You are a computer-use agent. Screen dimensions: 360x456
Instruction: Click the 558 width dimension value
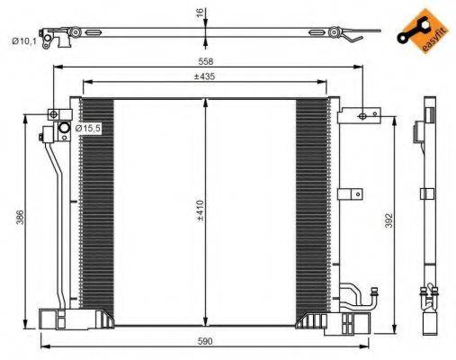click(208, 61)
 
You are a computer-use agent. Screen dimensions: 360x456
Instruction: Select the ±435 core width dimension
click(207, 78)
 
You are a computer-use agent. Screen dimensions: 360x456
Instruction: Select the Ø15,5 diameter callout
click(88, 130)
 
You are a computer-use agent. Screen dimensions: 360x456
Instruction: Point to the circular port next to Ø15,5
click(65, 130)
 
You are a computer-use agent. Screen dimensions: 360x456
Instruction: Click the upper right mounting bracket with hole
click(359, 114)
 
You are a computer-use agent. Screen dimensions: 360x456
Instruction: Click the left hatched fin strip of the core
click(98, 207)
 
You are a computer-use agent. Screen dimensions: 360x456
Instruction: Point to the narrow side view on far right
click(423, 216)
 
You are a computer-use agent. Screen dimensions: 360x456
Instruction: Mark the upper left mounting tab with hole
click(56, 114)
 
